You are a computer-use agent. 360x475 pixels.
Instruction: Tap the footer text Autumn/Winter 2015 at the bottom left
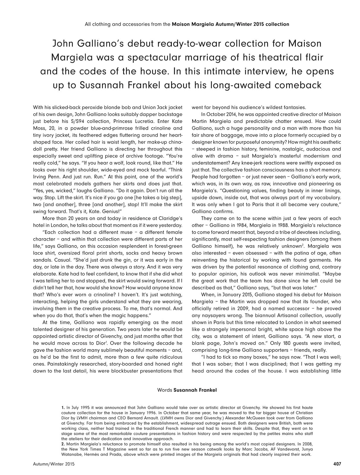54,463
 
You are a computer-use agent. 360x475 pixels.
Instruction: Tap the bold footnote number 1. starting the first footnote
63,408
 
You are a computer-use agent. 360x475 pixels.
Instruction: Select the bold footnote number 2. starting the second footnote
63,444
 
